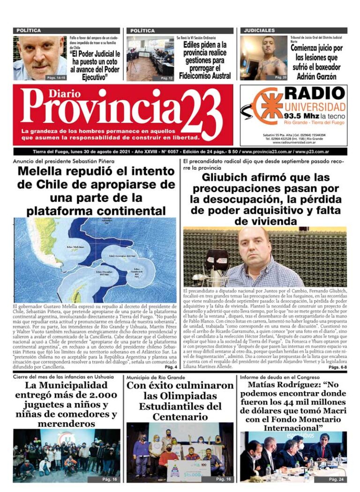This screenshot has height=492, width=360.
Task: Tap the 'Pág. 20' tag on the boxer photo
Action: pos(280,77)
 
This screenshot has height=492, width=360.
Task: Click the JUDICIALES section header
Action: pos(259,30)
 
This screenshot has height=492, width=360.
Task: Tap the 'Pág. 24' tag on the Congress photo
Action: pos(336,479)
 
